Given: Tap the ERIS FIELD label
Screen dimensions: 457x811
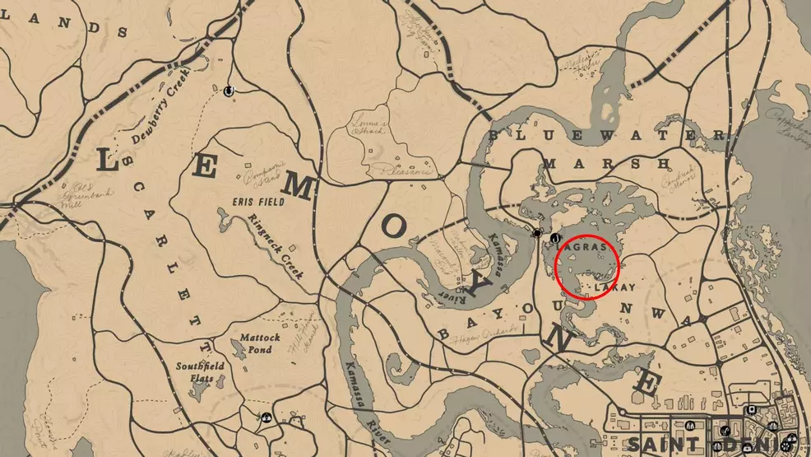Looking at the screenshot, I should tap(258, 202).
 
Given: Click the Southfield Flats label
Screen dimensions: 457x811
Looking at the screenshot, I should tap(196, 371).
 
